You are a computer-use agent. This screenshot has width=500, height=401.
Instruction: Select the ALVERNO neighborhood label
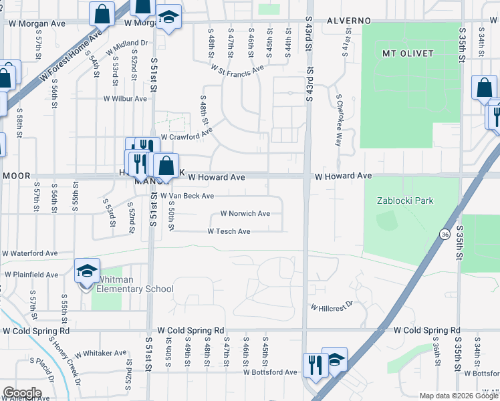click(x=348, y=21)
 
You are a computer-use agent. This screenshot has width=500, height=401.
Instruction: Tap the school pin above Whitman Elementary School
click(x=87, y=271)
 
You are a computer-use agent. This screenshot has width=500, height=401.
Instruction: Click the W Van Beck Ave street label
click(x=186, y=196)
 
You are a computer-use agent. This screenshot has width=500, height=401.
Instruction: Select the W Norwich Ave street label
click(x=245, y=214)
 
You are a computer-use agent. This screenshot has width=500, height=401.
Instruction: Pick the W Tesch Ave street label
click(x=229, y=231)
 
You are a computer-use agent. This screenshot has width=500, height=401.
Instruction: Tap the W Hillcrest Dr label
click(x=330, y=307)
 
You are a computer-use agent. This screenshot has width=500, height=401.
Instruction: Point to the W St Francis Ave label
click(x=238, y=68)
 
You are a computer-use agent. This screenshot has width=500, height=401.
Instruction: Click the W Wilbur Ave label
click(x=124, y=98)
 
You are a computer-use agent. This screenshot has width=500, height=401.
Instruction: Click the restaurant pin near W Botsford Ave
click(x=313, y=364)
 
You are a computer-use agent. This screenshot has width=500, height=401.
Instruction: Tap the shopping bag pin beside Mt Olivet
click(x=484, y=88)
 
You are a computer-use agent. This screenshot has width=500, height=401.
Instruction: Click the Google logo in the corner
click(x=22, y=393)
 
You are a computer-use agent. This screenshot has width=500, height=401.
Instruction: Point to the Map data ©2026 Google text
click(x=459, y=396)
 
